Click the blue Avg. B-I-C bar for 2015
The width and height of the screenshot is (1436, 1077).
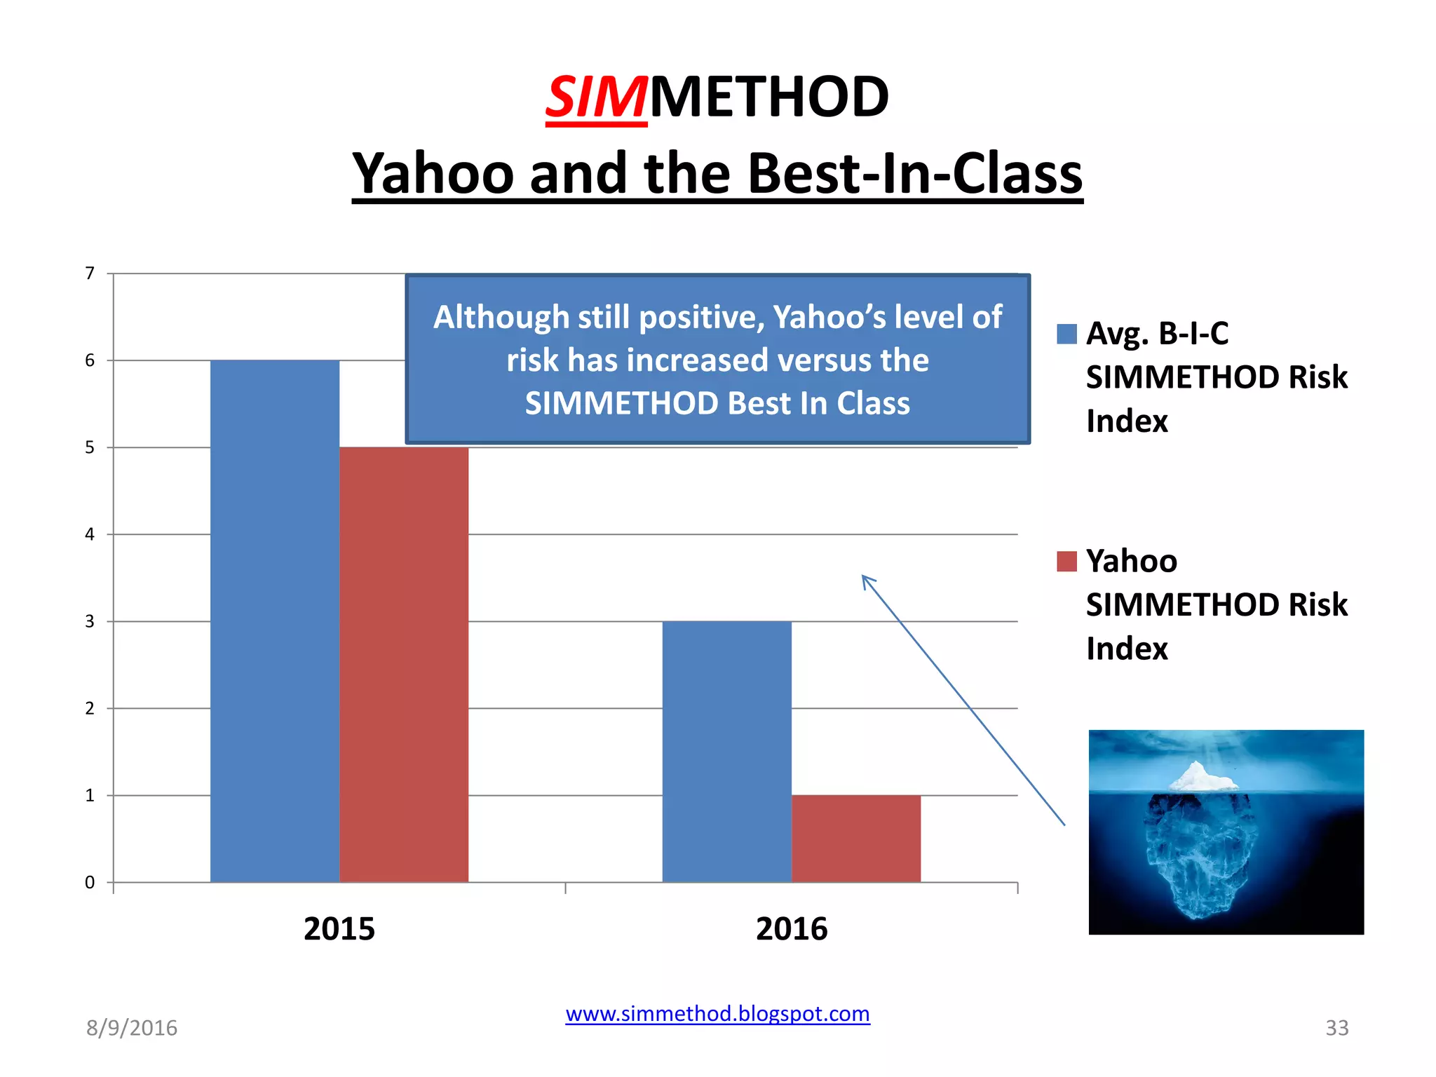(x=275, y=621)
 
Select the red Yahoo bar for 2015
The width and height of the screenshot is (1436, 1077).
(x=404, y=664)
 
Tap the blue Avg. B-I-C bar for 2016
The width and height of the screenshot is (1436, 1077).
(x=727, y=751)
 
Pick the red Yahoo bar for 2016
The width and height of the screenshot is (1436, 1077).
(x=856, y=838)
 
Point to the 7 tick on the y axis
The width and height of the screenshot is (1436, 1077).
(x=90, y=273)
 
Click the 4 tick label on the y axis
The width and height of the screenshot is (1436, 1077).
(x=90, y=534)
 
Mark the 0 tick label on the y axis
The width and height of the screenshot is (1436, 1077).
(x=90, y=882)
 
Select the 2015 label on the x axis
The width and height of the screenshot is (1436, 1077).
(x=339, y=928)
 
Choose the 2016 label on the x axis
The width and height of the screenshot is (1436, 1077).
(x=792, y=928)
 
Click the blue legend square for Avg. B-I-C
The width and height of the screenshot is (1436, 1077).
(x=1066, y=334)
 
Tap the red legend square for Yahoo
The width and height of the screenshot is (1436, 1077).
(x=1066, y=562)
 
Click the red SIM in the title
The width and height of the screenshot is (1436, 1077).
(x=596, y=97)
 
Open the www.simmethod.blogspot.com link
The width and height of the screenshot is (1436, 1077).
(x=717, y=1014)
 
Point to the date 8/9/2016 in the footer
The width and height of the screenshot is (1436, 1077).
(x=132, y=1028)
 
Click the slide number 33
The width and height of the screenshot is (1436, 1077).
(x=1336, y=1028)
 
